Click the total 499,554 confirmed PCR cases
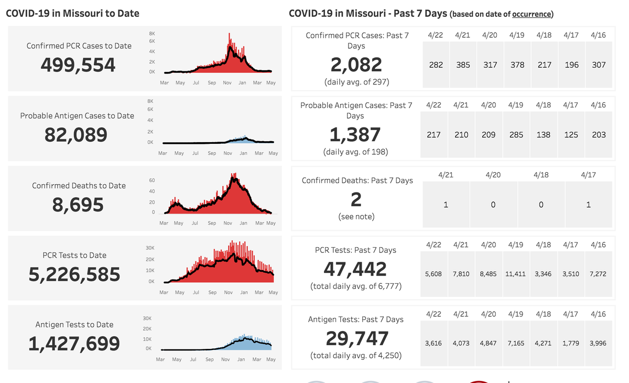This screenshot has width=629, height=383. click(x=78, y=65)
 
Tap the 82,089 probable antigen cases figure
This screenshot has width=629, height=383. click(x=76, y=135)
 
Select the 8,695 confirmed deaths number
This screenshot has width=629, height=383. click(x=78, y=205)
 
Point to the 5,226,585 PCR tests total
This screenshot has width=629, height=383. click(x=74, y=274)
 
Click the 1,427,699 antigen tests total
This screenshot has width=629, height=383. click(x=74, y=344)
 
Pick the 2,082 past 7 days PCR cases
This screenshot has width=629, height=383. click(x=356, y=65)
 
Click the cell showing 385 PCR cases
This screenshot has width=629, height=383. click(x=462, y=65)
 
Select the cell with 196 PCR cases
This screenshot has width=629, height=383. click(x=571, y=65)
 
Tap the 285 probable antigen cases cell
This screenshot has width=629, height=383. click(x=516, y=135)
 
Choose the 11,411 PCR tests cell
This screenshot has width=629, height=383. click(x=516, y=274)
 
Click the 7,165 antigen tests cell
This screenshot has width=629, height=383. click(x=516, y=344)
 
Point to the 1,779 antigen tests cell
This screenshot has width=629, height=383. click(x=571, y=344)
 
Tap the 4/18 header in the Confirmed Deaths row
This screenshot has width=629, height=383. click(x=541, y=175)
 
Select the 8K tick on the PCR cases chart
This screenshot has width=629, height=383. click(x=152, y=33)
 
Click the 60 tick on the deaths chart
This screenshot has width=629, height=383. click(x=152, y=180)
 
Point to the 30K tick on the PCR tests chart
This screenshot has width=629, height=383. click(x=149, y=248)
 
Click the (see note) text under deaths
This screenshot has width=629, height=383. click(x=356, y=216)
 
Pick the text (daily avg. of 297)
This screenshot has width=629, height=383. click(x=356, y=82)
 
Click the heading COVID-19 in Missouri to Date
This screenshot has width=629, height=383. click(x=72, y=13)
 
